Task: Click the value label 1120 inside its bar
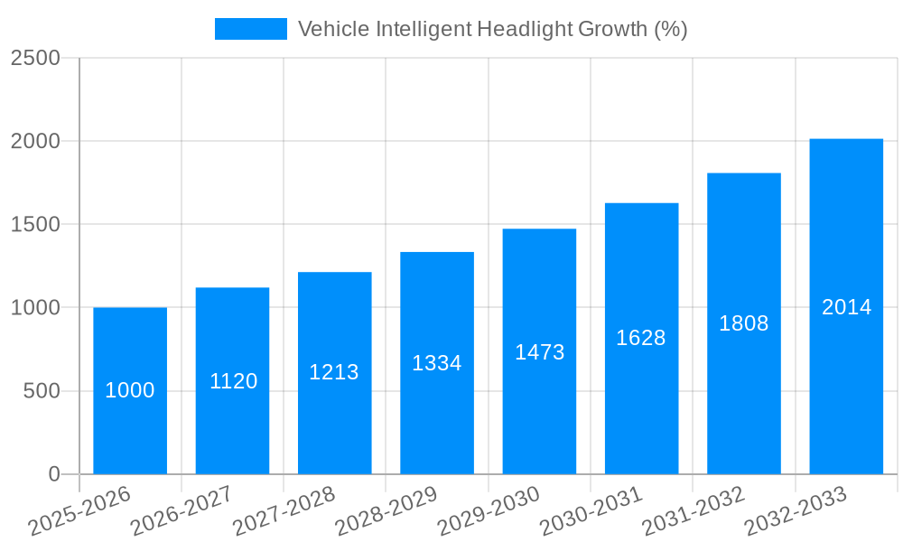click(x=233, y=381)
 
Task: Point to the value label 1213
click(x=334, y=372)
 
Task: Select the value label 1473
click(x=539, y=352)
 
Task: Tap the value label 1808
click(x=743, y=323)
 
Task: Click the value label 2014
click(x=846, y=307)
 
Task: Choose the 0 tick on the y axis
click(x=53, y=474)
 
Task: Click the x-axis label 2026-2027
click(x=181, y=511)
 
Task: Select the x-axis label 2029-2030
click(x=488, y=511)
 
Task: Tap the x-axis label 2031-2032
click(x=693, y=511)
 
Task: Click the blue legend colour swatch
click(x=250, y=29)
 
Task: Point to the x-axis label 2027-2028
click(x=283, y=511)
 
